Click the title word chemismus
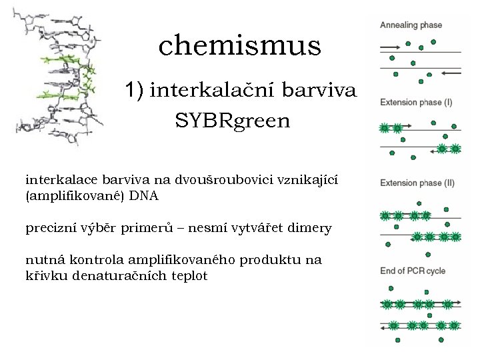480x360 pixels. (x=239, y=45)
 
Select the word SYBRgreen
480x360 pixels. (x=233, y=121)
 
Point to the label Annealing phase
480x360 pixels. (x=411, y=25)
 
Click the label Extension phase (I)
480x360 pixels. (x=415, y=102)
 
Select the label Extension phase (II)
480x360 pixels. (x=417, y=183)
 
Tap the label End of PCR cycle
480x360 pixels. (x=412, y=271)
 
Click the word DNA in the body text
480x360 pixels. (x=145, y=196)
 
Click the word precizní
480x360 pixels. (x=49, y=228)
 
